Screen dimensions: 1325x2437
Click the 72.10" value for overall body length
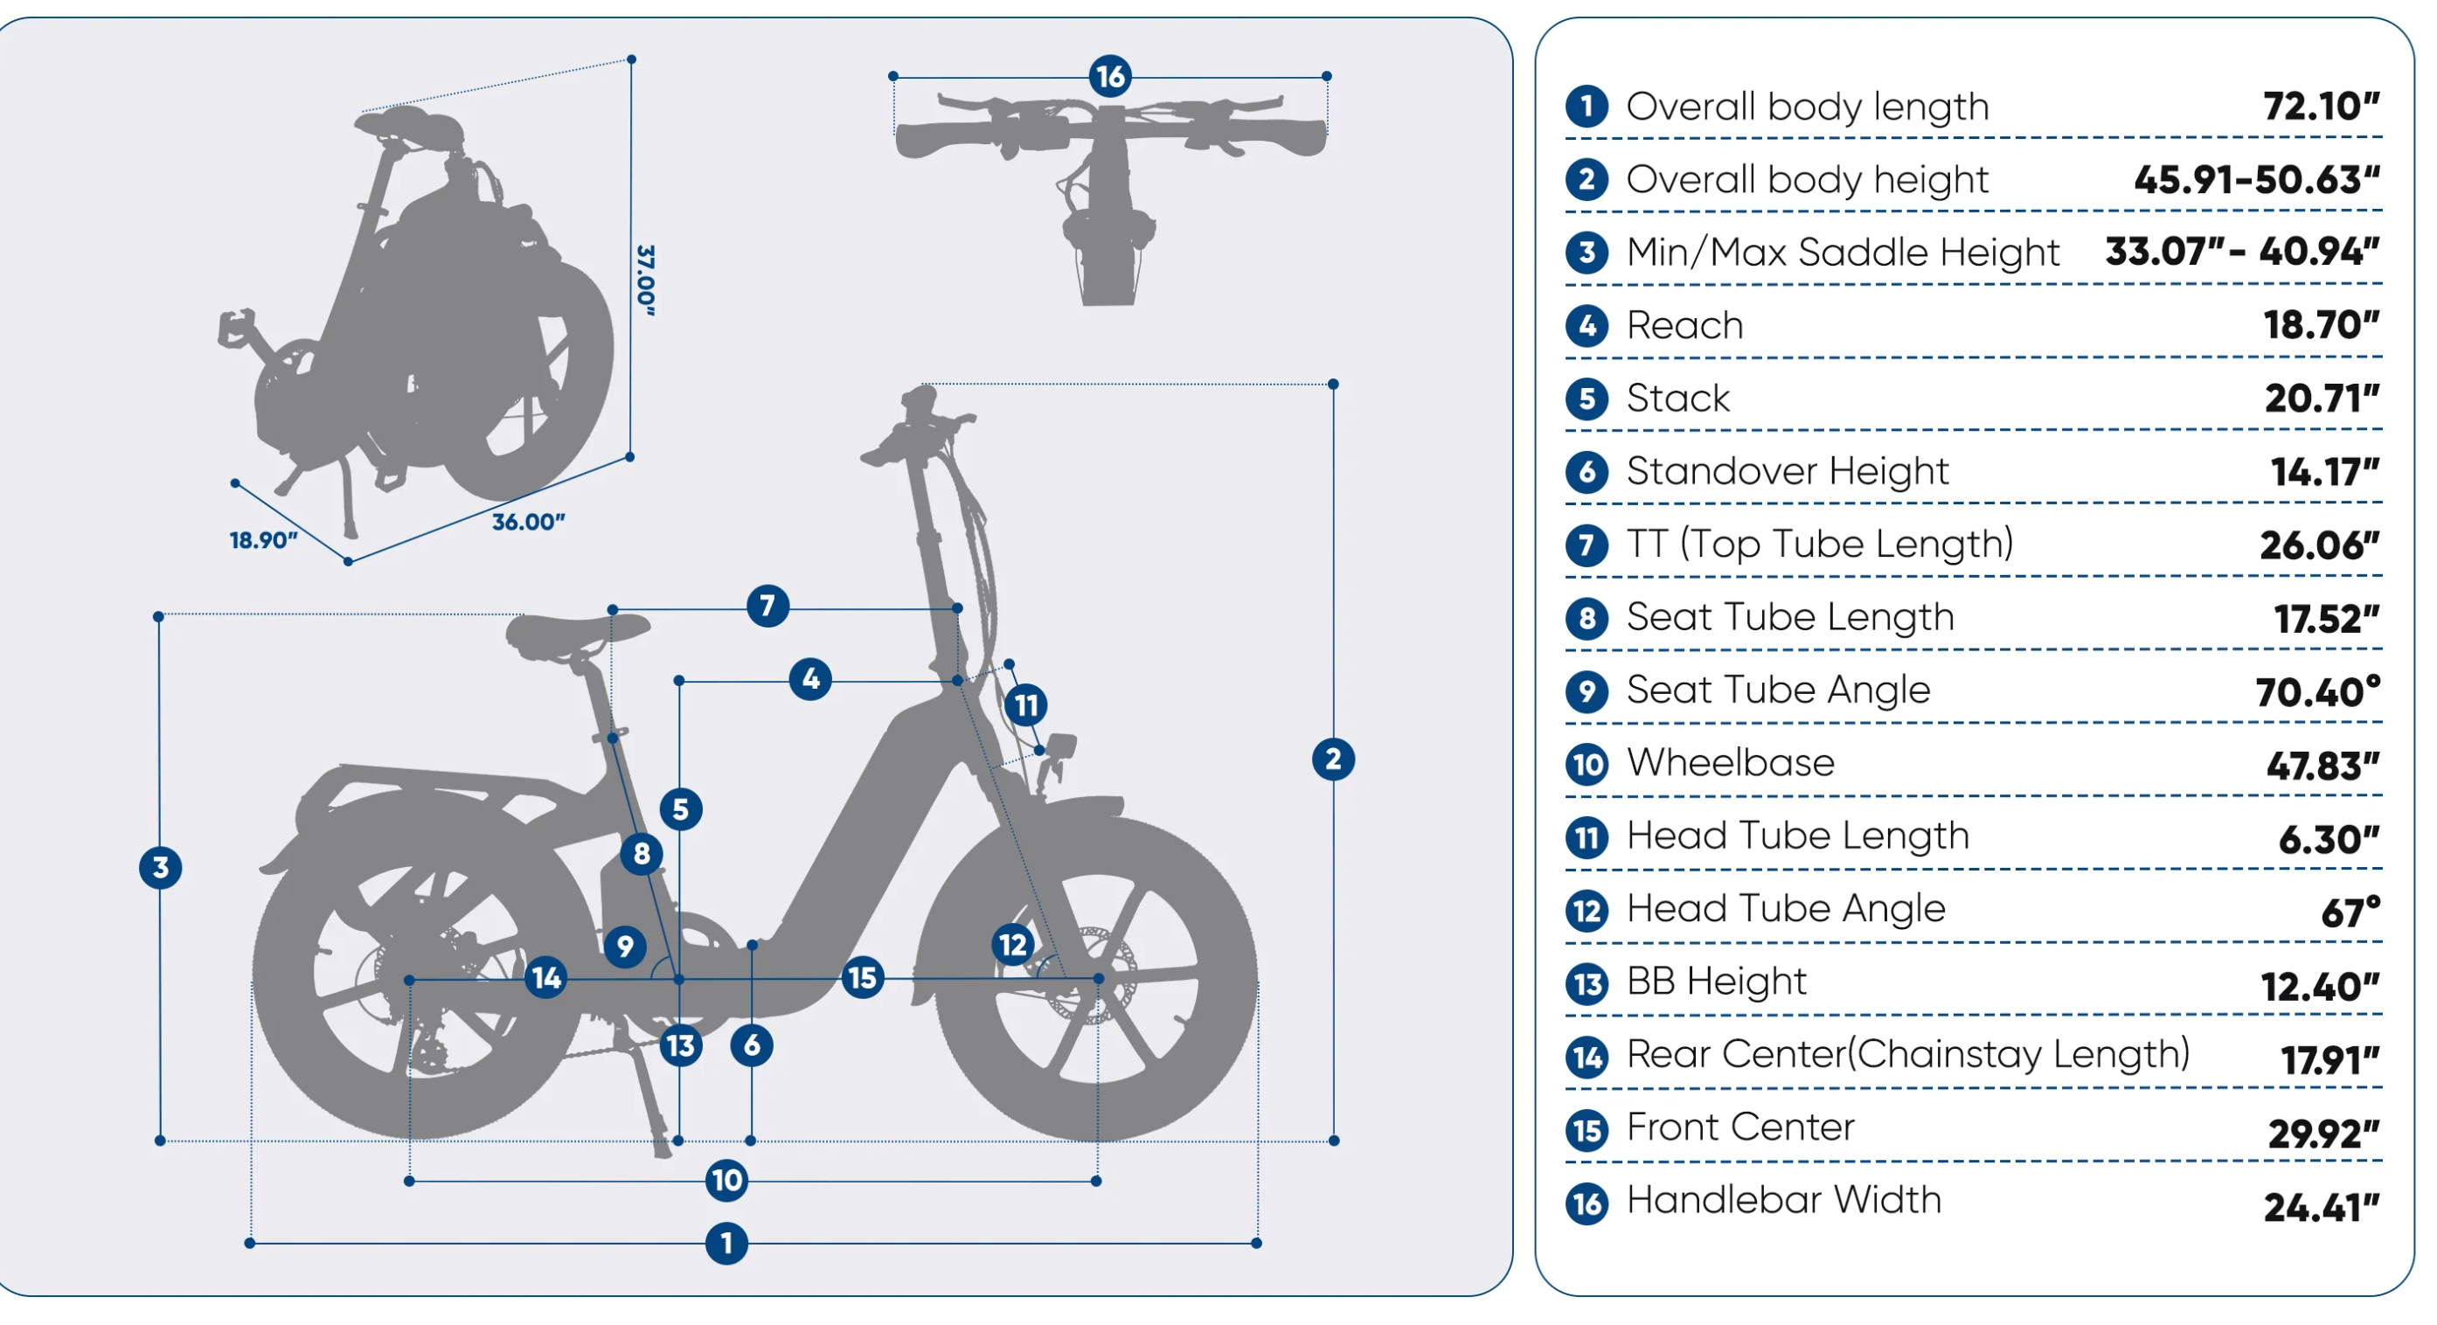(x=2320, y=106)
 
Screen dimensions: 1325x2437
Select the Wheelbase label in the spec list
(x=1729, y=762)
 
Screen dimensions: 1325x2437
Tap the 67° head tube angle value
(x=2349, y=912)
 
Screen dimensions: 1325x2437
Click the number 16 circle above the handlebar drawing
(x=1110, y=76)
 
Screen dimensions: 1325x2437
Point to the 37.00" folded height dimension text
(x=645, y=280)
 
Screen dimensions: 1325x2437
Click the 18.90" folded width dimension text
(x=263, y=540)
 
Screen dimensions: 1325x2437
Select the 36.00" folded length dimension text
(x=528, y=522)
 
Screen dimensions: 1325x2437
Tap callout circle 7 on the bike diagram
(x=767, y=606)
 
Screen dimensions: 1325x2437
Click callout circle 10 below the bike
(x=726, y=1179)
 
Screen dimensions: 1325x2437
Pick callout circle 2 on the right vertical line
(x=1333, y=759)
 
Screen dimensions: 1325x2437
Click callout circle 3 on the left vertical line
(x=160, y=867)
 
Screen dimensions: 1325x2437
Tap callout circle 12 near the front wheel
(x=1012, y=944)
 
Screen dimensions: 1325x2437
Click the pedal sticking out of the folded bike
(x=237, y=326)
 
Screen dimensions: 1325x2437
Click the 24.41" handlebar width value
(x=2320, y=1207)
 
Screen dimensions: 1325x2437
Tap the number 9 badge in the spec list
(x=1586, y=691)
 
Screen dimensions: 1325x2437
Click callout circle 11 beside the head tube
(x=1025, y=704)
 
